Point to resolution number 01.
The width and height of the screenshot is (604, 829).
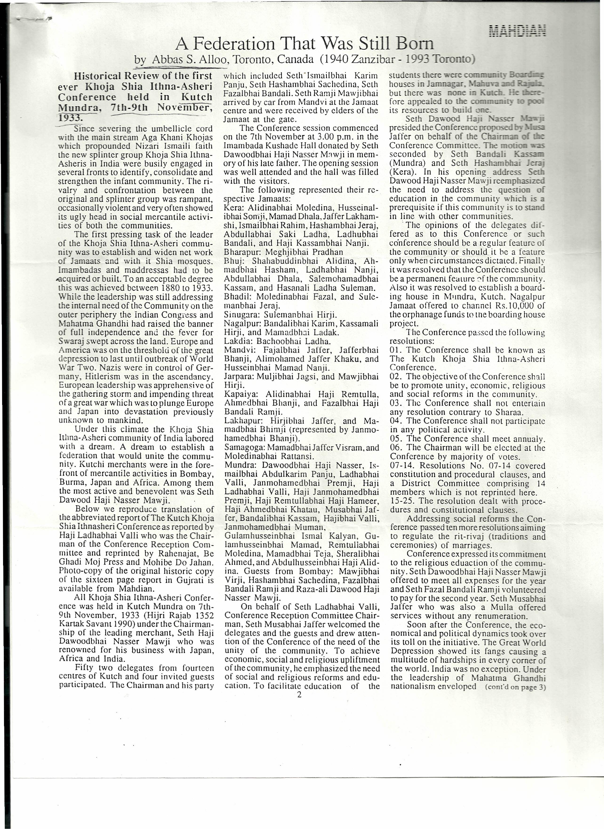coord(396,350)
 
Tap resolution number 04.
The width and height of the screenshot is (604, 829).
coord(396,421)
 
